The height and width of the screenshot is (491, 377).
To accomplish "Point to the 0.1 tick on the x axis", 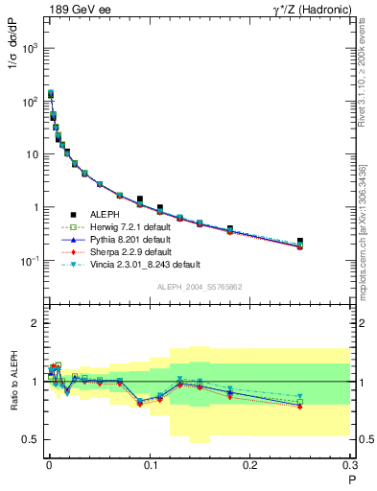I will tap(149, 465).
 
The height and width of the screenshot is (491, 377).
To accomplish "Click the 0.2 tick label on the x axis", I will tap(250, 465).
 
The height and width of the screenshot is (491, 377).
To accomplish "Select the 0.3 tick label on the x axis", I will tap(350, 465).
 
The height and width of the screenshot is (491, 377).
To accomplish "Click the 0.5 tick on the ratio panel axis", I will tap(30, 439).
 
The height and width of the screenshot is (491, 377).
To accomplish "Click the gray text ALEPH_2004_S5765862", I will tap(200, 287).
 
